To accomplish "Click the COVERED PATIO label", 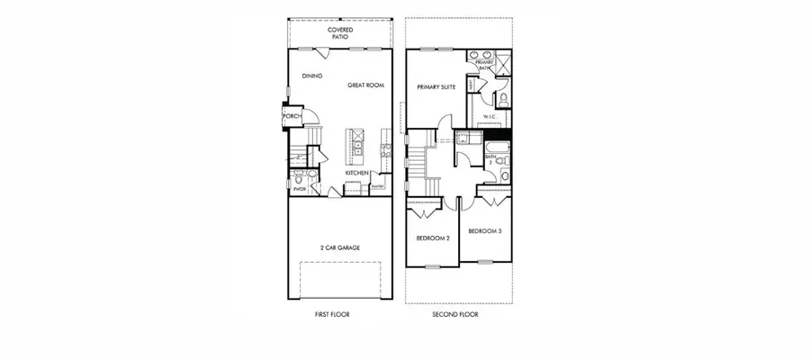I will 340,33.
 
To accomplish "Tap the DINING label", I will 312,76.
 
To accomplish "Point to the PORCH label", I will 291,116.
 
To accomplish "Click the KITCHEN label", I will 358,173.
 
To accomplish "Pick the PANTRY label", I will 377,186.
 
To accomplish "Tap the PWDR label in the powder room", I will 300,189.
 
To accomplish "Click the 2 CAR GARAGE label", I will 339,247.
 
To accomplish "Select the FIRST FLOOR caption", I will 332,315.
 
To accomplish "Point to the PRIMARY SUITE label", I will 436,87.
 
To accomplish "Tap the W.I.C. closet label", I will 490,117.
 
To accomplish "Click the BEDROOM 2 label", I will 432,238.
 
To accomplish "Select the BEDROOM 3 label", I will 485,231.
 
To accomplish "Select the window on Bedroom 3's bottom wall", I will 485,262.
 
